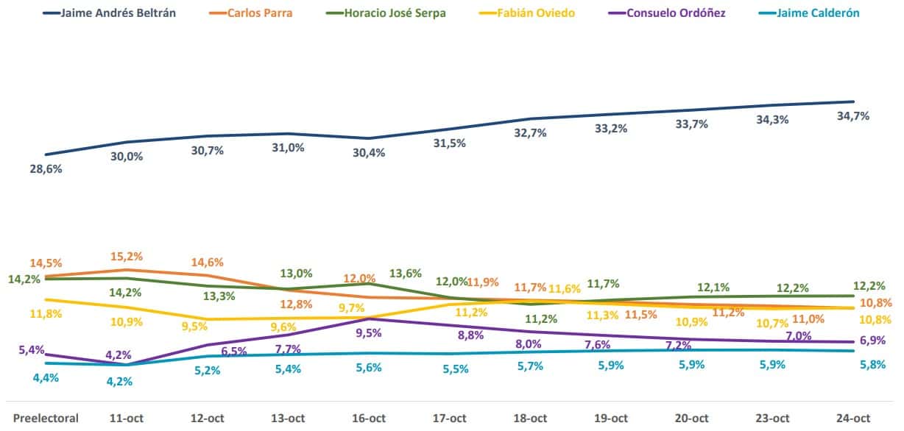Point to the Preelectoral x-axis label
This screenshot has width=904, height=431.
[x=46, y=418]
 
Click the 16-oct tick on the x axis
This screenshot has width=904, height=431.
[x=367, y=418]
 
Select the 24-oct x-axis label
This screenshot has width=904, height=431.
[x=853, y=418]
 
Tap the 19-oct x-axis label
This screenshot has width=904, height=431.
[x=610, y=418]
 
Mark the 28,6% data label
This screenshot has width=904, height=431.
[x=46, y=169]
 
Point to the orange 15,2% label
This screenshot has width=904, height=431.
[x=127, y=257]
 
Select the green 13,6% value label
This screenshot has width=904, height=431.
[x=406, y=274]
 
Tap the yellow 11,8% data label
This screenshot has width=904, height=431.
[x=45, y=314]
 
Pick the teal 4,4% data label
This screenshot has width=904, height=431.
[x=45, y=378]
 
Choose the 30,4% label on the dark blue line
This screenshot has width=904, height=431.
[x=369, y=152]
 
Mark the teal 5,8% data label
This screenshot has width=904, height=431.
[x=854, y=365]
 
